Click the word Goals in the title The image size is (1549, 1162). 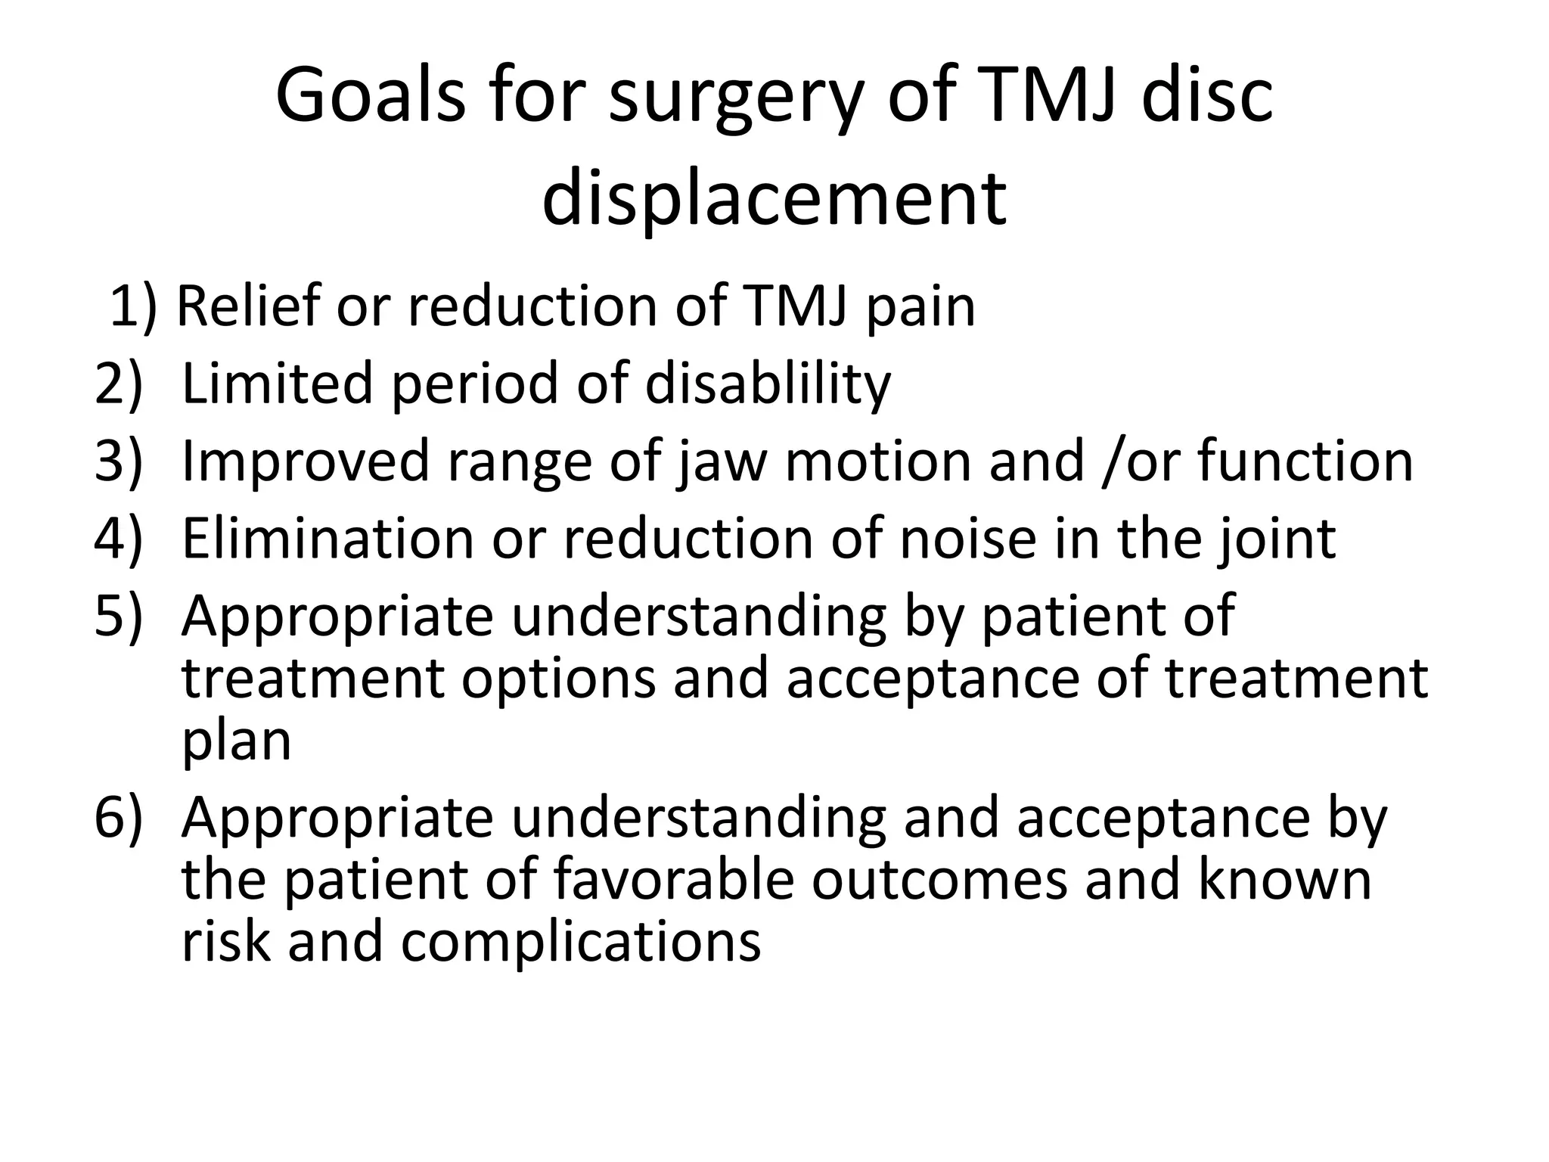pos(370,97)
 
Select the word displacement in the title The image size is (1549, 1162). pos(774,199)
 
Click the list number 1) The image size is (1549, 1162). pos(132,306)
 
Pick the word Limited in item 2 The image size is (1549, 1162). pos(277,382)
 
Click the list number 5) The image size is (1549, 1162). pos(118,616)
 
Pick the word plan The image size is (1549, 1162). pos(236,741)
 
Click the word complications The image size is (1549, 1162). pos(580,943)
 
